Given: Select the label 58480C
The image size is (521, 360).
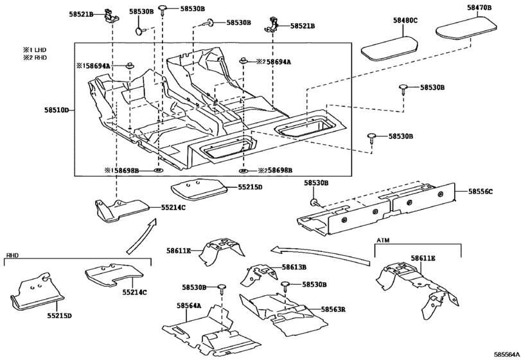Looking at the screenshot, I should [x=405, y=21].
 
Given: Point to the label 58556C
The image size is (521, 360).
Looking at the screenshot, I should [x=480, y=192].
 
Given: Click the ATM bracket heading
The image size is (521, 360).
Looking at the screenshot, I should [x=383, y=240].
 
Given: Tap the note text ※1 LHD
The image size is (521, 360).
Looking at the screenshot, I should [x=36, y=50].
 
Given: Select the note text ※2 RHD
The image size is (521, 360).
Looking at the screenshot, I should [x=36, y=58].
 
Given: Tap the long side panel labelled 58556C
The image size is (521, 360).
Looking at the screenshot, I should [x=379, y=206].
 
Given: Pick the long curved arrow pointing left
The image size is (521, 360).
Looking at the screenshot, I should [x=321, y=251].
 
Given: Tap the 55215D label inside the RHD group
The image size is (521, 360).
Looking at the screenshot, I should [x=59, y=316].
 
